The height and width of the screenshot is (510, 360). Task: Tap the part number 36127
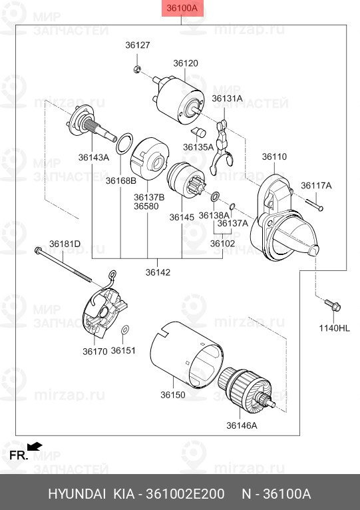tap(138, 45)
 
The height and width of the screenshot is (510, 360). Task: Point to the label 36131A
tap(227, 99)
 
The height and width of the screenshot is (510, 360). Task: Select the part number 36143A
tap(93, 157)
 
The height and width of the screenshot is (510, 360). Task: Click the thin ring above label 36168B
tap(124, 144)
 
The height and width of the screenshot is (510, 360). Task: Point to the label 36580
tap(146, 206)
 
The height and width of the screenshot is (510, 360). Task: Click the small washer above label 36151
tap(124, 330)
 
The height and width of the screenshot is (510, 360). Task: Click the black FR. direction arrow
tap(34, 446)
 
